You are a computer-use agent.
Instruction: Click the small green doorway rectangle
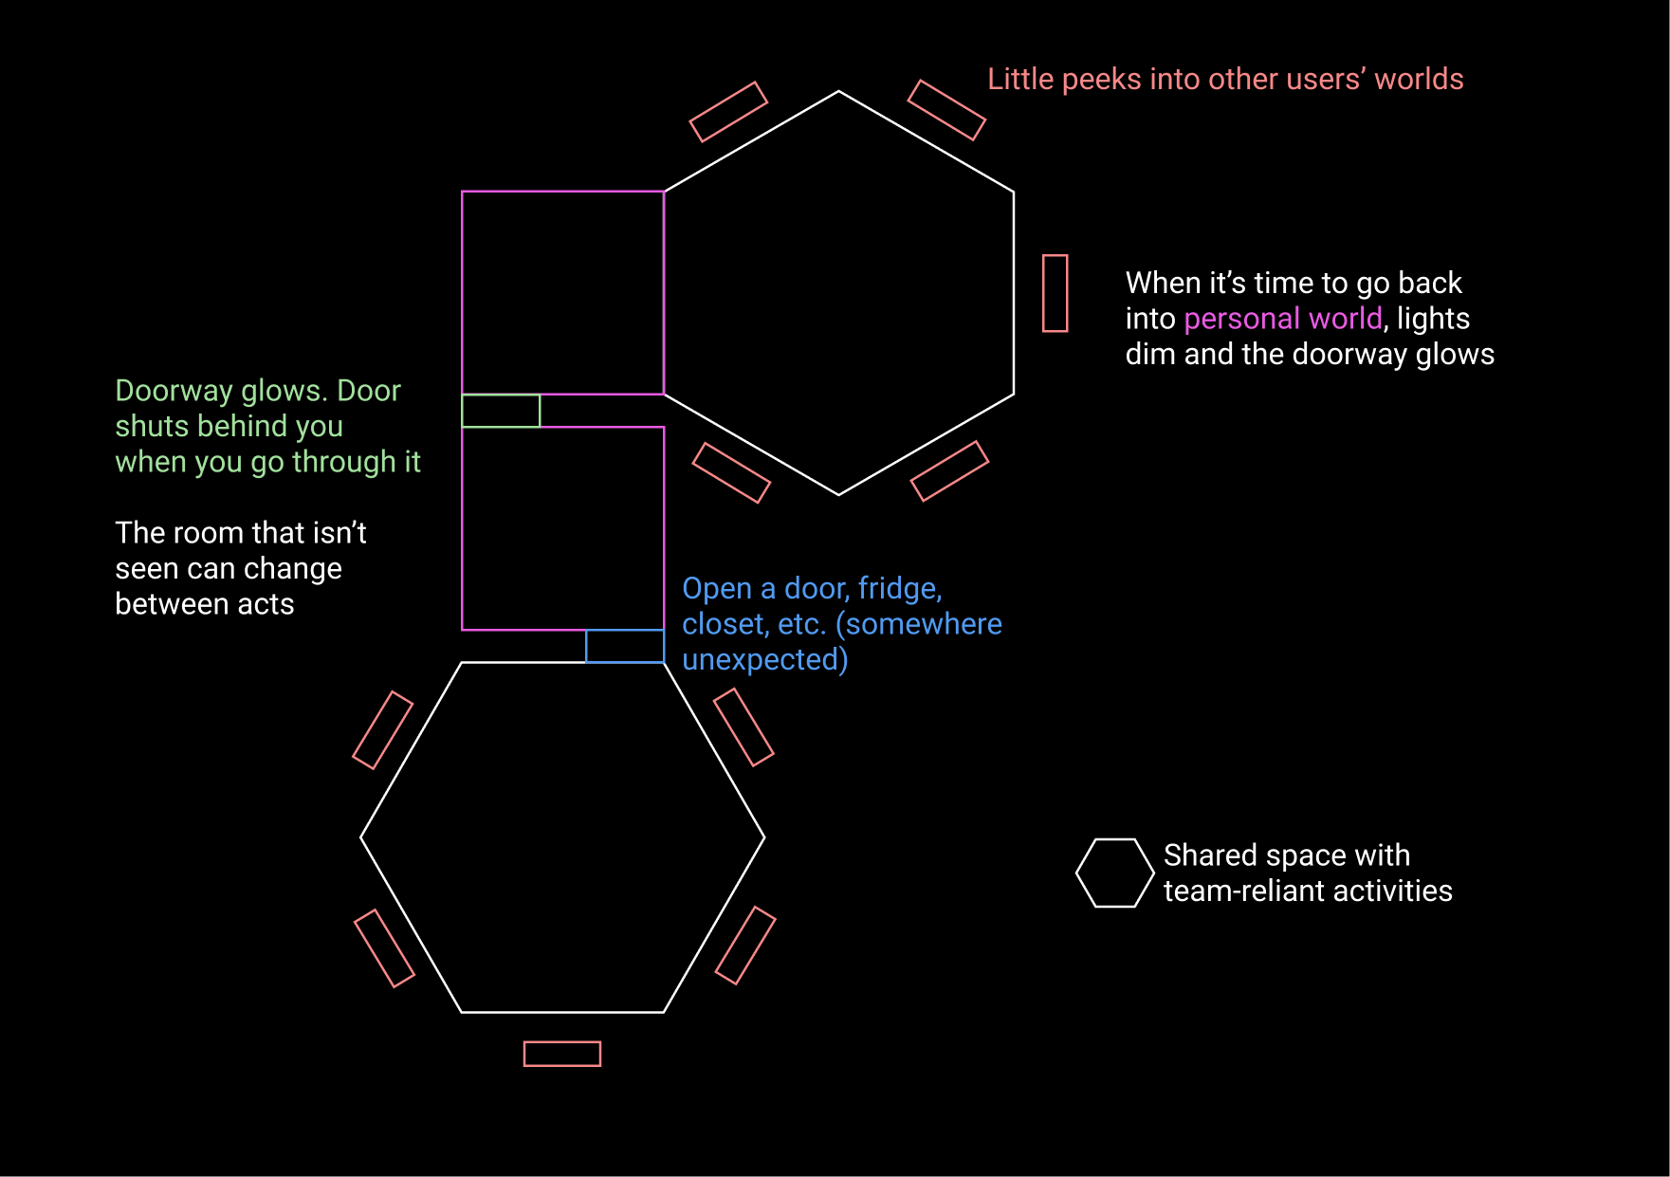501,395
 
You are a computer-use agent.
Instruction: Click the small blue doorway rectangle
625,631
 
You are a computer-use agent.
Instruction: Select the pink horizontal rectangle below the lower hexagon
562,1042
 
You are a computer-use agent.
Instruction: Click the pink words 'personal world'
1283,319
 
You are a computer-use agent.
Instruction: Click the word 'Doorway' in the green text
174,391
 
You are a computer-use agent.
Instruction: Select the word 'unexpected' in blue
761,659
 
